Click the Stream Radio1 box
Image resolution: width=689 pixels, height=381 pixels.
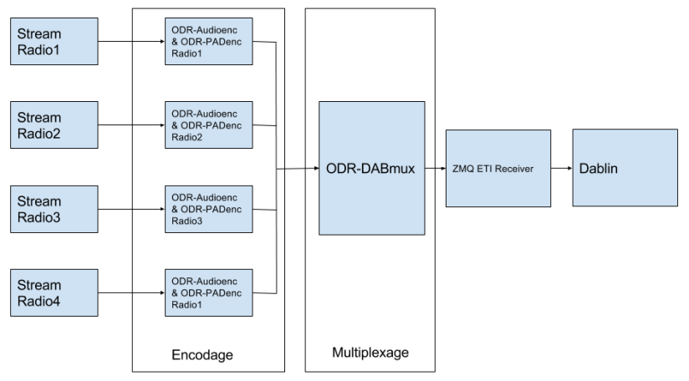[x=55, y=41]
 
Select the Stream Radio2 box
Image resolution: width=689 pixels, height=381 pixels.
[x=55, y=124]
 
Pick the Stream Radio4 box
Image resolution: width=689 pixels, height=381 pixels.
[x=55, y=292]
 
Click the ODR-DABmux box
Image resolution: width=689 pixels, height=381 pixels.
[x=372, y=168]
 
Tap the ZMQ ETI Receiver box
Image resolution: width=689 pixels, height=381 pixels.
[x=498, y=168]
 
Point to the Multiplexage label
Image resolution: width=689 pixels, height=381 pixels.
[x=370, y=352]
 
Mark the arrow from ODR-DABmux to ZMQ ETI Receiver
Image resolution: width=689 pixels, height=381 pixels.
[x=435, y=168]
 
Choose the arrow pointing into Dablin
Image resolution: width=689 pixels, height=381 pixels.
[x=562, y=168]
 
